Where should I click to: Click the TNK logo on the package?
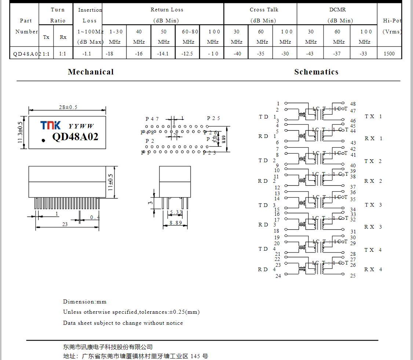tap(51, 126)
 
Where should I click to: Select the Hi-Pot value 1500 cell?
tap(389, 54)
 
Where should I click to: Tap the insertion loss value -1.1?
tap(87, 54)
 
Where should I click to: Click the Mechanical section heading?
tap(91, 72)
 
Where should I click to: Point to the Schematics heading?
tap(316, 72)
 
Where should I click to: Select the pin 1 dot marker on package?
tap(43, 140)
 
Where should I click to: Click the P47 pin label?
tap(152, 119)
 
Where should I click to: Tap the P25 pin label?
tap(213, 118)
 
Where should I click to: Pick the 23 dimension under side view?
tap(65, 224)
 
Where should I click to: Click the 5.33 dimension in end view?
tap(176, 212)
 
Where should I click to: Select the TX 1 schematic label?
tap(373, 116)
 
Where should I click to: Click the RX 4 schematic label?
tap(373, 269)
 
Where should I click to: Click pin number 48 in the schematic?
tap(353, 104)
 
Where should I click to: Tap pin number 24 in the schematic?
tap(278, 276)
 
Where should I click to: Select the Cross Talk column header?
tap(264, 10)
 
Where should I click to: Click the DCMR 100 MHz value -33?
tap(363, 54)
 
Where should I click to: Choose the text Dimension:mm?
tap(85, 302)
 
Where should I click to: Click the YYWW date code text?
tap(81, 126)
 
